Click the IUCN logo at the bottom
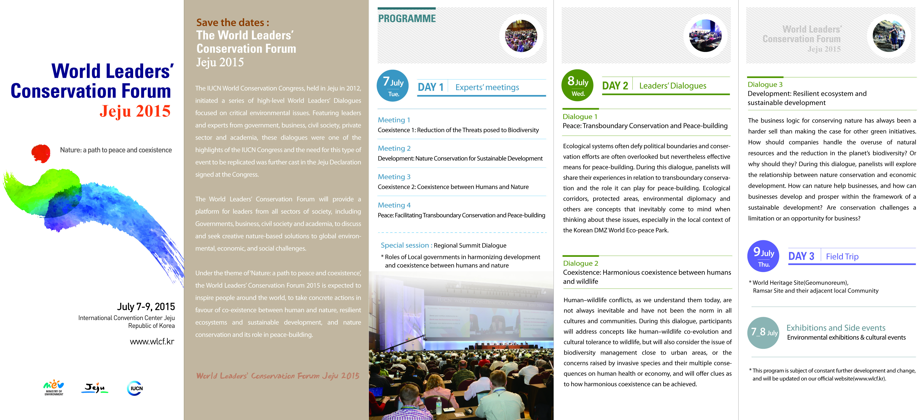135,388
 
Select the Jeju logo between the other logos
95,388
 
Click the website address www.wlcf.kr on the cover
152,342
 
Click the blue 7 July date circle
393,86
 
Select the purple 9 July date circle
763,256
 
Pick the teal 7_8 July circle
763,333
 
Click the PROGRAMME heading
407,19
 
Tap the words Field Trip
842,257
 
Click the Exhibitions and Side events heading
836,328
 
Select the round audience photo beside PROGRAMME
521,36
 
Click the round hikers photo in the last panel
889,36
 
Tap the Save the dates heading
232,23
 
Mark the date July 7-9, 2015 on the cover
146,307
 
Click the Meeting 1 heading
394,120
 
